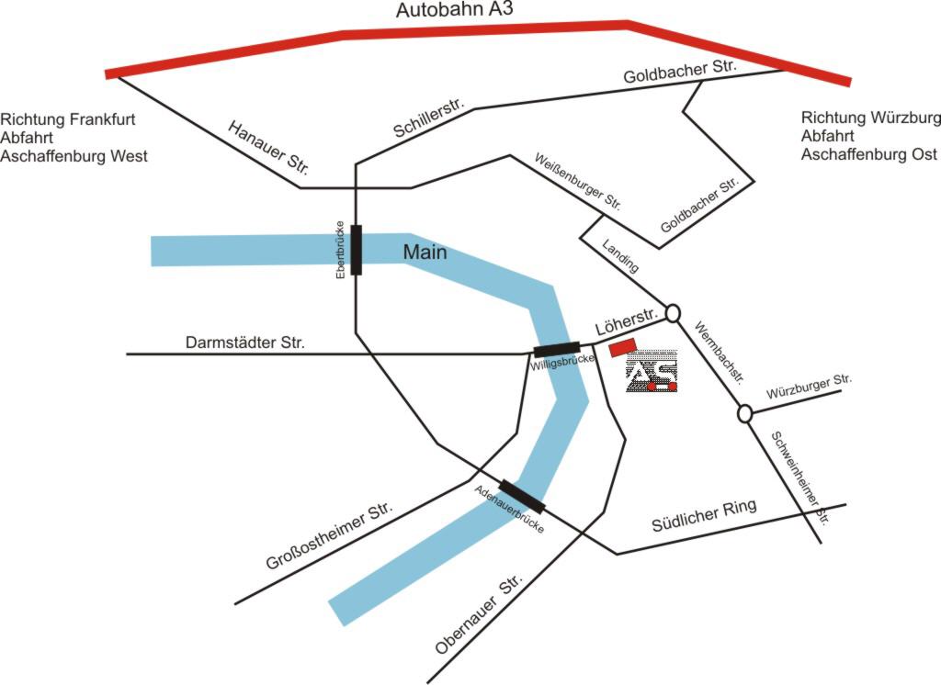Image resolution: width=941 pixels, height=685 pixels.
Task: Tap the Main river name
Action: pos(425,251)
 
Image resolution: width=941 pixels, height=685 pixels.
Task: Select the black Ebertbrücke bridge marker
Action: pos(356,250)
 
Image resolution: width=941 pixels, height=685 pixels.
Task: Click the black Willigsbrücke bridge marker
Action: pos(557,349)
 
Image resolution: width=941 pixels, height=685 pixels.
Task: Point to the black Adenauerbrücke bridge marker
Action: pos(522,496)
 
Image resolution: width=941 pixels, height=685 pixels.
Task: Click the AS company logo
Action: pos(652,372)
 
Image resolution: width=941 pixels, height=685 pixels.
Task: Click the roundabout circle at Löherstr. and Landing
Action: pos(673,313)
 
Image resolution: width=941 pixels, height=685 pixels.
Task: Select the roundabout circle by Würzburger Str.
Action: pos(745,414)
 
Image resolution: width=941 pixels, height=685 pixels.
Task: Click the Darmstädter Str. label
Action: pos(245,342)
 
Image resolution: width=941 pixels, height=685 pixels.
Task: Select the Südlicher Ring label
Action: pos(704,516)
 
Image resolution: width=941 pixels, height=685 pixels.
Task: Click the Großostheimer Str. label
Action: pos(329,537)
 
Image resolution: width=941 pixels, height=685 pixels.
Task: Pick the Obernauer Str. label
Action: pos(479,615)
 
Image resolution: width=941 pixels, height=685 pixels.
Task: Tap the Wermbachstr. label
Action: pos(718,352)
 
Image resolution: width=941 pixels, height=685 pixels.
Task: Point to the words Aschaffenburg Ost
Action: pos(868,154)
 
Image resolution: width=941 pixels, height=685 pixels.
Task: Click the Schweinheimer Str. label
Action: pos(799,478)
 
